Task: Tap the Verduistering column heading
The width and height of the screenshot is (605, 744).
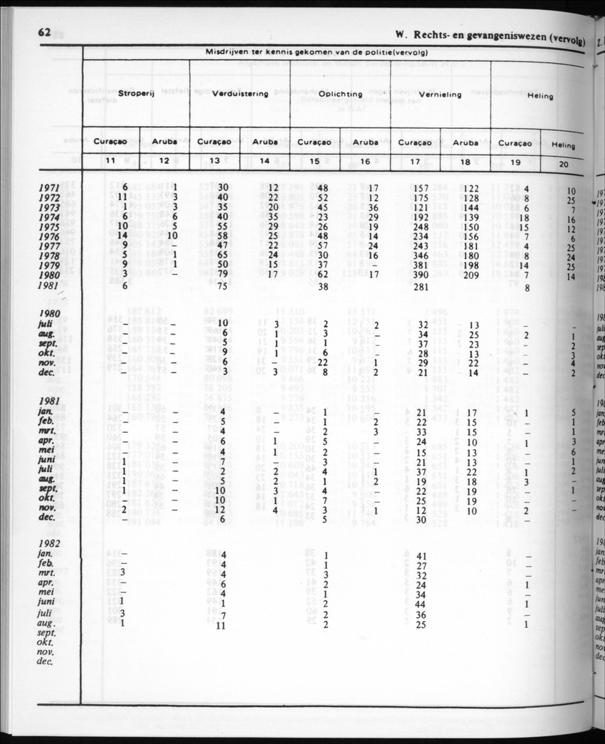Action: coord(240,93)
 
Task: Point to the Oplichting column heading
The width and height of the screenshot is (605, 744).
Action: coord(340,93)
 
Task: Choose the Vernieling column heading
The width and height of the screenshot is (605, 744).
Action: coord(441,94)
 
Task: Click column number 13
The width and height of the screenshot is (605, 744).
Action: coord(214,160)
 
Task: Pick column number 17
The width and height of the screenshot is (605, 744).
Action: coord(415,161)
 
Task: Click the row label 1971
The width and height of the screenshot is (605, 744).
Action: coord(53,188)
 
